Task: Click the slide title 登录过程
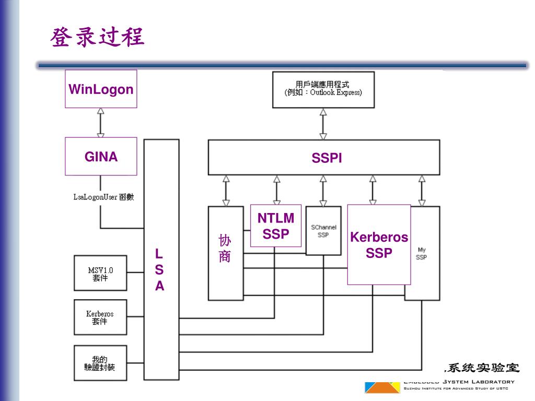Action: click(x=97, y=38)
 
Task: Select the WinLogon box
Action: click(x=101, y=89)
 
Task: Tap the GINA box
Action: click(x=101, y=157)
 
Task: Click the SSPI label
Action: click(x=327, y=158)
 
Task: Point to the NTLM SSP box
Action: click(x=276, y=226)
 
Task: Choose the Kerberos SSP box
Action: click(x=379, y=245)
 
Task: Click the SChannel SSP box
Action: click(x=323, y=231)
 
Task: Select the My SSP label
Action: click(x=421, y=254)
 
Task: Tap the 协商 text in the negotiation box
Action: click(x=225, y=249)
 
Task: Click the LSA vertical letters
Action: click(x=159, y=270)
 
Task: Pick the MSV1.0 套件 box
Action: click(x=100, y=274)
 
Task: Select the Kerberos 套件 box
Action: click(x=100, y=317)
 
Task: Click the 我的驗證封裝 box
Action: click(x=100, y=363)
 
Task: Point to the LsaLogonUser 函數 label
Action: click(x=103, y=197)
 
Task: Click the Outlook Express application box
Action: click(x=323, y=89)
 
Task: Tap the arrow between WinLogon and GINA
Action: click(x=101, y=123)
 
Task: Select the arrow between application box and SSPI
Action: click(x=323, y=124)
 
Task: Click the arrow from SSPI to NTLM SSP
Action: click(x=276, y=190)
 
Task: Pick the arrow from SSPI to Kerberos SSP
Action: click(x=373, y=190)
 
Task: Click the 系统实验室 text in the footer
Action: click(x=482, y=368)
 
